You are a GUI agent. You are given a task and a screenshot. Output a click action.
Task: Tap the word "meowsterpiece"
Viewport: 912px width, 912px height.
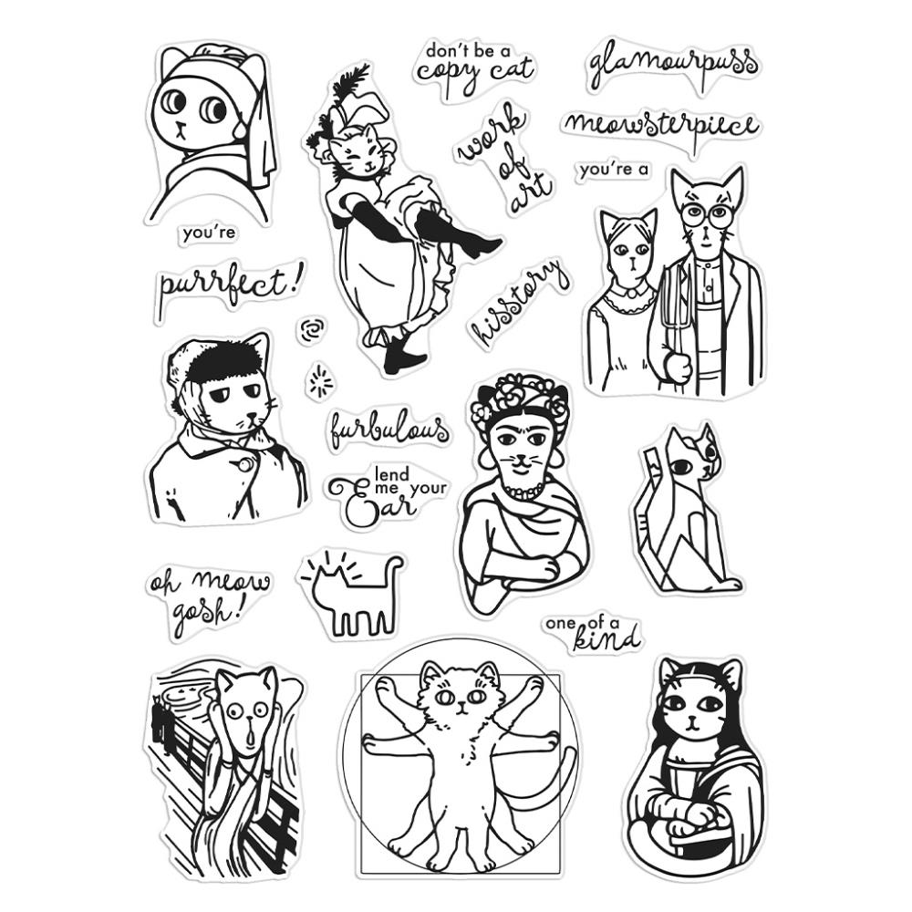[661, 126]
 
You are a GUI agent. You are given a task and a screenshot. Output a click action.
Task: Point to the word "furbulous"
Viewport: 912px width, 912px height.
[389, 430]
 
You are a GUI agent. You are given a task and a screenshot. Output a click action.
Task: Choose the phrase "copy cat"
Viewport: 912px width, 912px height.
[474, 73]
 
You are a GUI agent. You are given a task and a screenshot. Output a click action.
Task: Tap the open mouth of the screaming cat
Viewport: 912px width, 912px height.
[250, 737]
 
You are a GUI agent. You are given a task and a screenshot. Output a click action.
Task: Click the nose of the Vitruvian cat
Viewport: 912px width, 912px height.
[461, 707]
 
